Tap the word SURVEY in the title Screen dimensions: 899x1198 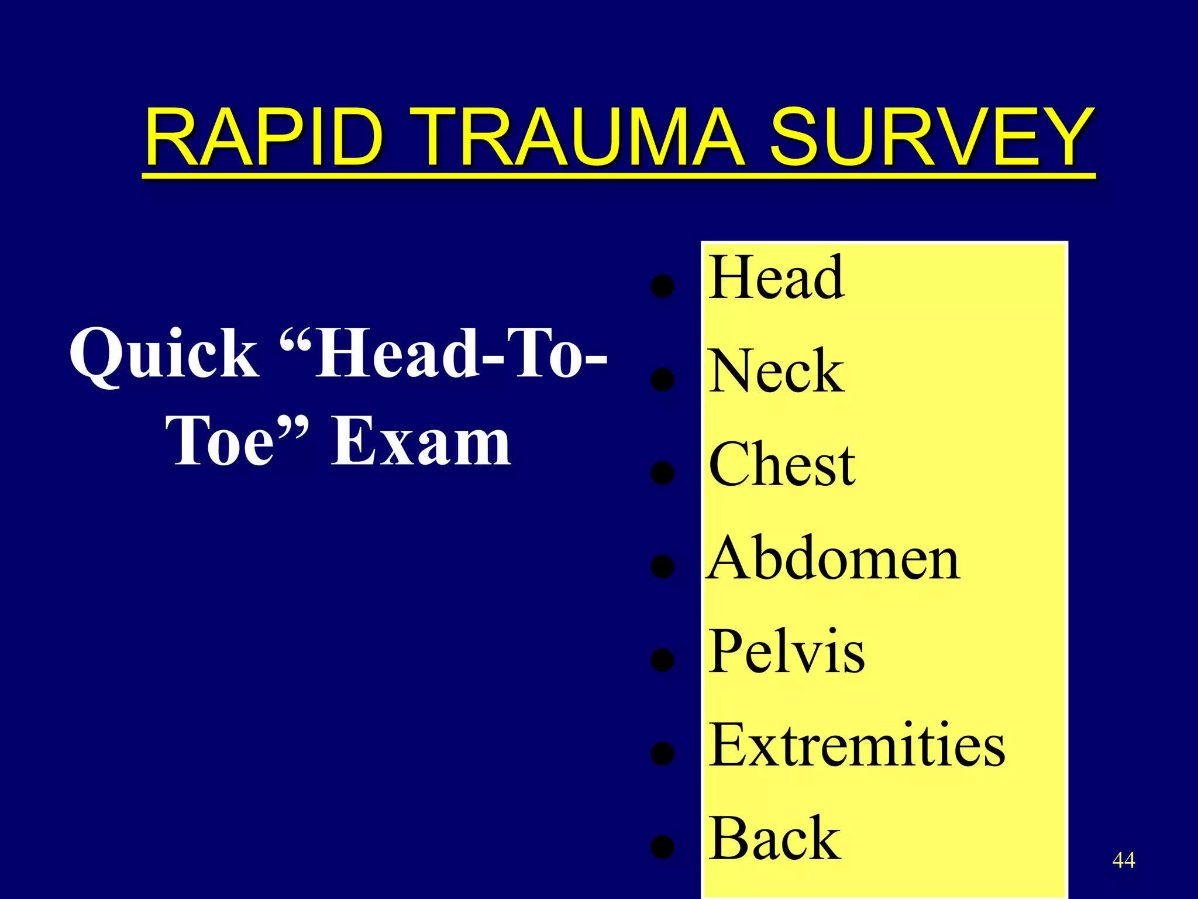point(931,138)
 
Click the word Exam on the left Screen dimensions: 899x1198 point(421,442)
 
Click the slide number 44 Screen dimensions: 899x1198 point(1123,860)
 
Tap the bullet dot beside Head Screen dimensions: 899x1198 point(662,287)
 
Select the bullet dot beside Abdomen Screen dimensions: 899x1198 point(662,567)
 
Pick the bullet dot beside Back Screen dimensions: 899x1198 point(662,847)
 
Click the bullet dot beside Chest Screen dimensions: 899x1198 point(662,473)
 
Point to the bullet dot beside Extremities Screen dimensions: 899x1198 point(662,754)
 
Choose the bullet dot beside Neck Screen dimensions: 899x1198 point(662,380)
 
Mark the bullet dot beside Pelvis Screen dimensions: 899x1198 point(662,660)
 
